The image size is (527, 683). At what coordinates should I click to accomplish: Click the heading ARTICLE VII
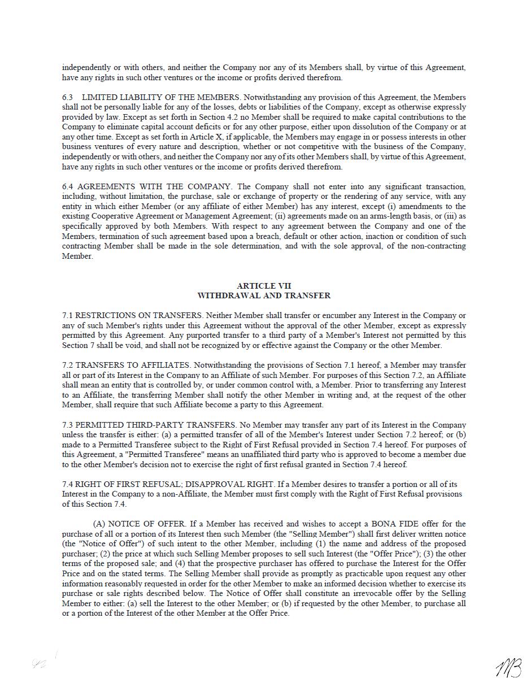pos(264,286)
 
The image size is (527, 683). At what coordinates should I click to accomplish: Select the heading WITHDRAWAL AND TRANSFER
pos(264,295)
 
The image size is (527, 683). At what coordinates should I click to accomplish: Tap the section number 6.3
pos(68,97)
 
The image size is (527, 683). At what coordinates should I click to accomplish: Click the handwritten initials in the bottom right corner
pos(508,668)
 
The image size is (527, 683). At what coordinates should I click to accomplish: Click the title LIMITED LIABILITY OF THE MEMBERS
pos(161,97)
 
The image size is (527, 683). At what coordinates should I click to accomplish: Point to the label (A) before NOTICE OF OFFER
pos(99,524)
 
